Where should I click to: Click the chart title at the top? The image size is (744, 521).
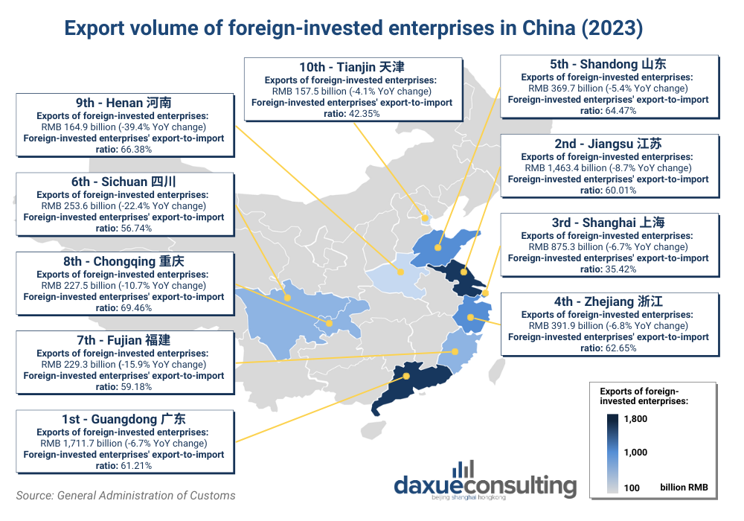click(x=353, y=28)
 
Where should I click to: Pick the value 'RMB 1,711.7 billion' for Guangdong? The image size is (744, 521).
click(x=83, y=444)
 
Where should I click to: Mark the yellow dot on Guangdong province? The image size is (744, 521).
click(x=407, y=376)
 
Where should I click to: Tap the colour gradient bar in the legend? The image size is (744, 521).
click(x=612, y=453)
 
